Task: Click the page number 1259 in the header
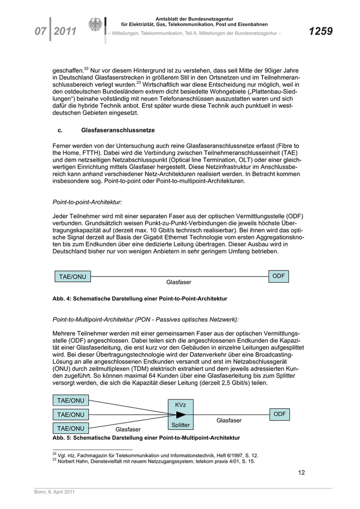click(x=320, y=32)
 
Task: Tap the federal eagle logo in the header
click(x=95, y=25)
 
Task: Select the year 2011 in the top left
click(x=65, y=32)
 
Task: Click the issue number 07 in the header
click(x=41, y=32)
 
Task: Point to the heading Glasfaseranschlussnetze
click(x=118, y=131)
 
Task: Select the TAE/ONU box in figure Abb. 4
click(x=73, y=277)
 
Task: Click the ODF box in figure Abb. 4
click(x=278, y=276)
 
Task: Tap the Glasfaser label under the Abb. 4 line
click(x=178, y=282)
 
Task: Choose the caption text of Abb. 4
click(x=140, y=298)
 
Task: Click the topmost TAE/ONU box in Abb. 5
click(x=70, y=401)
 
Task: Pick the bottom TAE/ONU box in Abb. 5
click(x=70, y=428)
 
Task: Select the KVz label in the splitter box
click(x=181, y=405)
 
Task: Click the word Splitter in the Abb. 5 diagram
click(x=181, y=425)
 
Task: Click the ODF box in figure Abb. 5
click(x=279, y=414)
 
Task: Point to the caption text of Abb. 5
click(x=146, y=438)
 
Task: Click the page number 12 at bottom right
click(x=302, y=473)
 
